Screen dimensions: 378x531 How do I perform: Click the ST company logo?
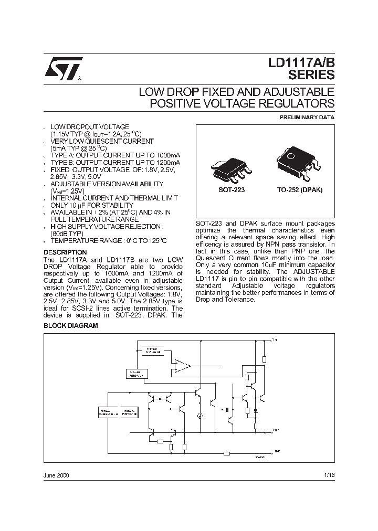(x=61, y=69)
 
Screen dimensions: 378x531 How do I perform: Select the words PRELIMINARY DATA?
(x=307, y=118)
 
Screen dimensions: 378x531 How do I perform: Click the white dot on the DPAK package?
(x=290, y=156)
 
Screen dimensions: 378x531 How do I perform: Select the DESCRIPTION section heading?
(x=65, y=252)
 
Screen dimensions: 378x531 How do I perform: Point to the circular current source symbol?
(x=199, y=416)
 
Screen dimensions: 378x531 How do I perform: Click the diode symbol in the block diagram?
(x=256, y=410)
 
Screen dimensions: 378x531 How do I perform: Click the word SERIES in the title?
(x=311, y=75)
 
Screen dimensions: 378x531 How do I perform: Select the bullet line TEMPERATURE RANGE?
(x=109, y=240)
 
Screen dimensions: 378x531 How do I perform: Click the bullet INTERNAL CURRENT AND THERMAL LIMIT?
(x=114, y=198)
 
